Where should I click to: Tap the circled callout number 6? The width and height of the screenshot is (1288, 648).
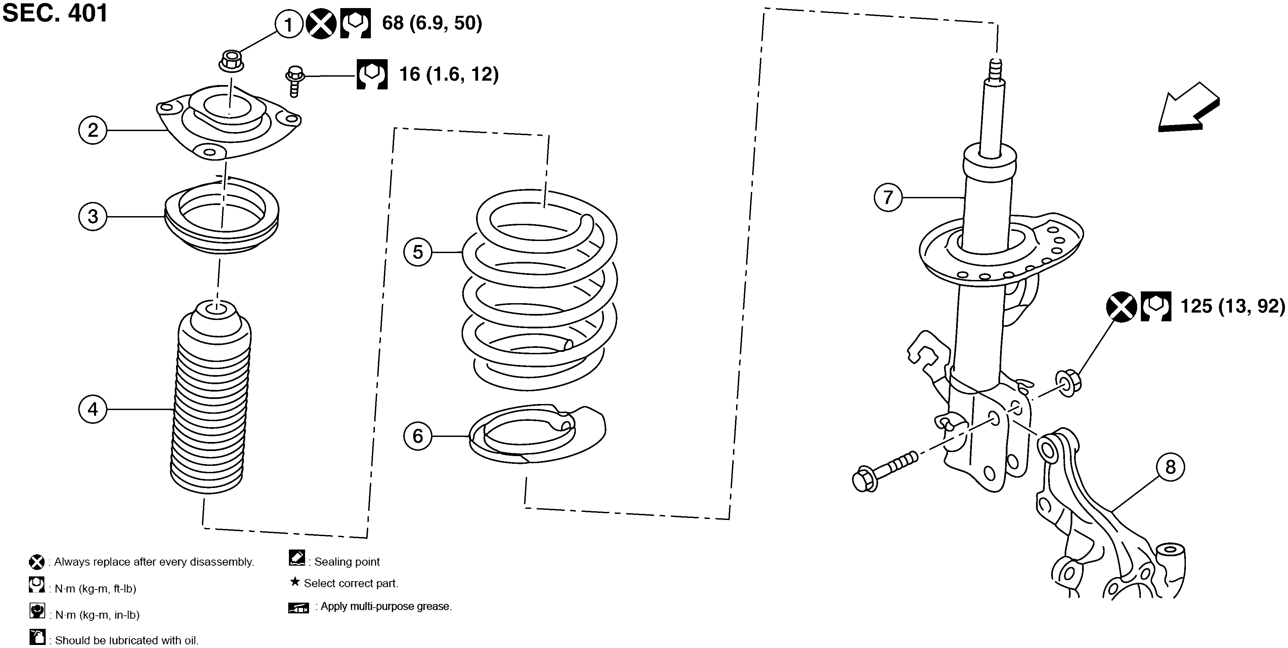[x=418, y=436]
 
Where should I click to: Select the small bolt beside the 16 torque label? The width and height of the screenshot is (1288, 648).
[x=294, y=80]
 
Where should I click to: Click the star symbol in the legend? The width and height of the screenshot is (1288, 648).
[x=295, y=582]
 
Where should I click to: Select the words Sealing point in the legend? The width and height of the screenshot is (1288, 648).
[x=347, y=562]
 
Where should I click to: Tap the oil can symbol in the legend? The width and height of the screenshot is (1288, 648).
[x=37, y=638]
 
